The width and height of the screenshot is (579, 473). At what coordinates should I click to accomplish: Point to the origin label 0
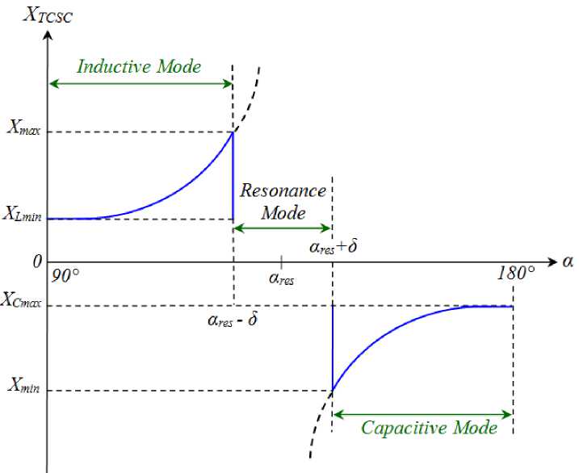point(36,262)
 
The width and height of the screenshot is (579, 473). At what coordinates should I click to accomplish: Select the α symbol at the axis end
point(568,262)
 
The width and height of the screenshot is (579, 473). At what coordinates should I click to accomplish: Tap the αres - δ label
point(233,320)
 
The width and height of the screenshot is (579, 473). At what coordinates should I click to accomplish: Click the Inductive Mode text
point(139,66)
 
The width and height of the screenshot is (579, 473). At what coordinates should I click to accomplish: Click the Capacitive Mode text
point(429,428)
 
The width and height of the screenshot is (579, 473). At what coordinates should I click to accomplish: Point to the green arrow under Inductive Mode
point(141,82)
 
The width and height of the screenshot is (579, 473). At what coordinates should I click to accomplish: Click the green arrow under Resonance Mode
point(283,228)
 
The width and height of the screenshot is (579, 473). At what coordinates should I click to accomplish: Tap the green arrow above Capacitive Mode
point(423,414)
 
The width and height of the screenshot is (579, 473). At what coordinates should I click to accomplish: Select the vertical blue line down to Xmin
point(333,347)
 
